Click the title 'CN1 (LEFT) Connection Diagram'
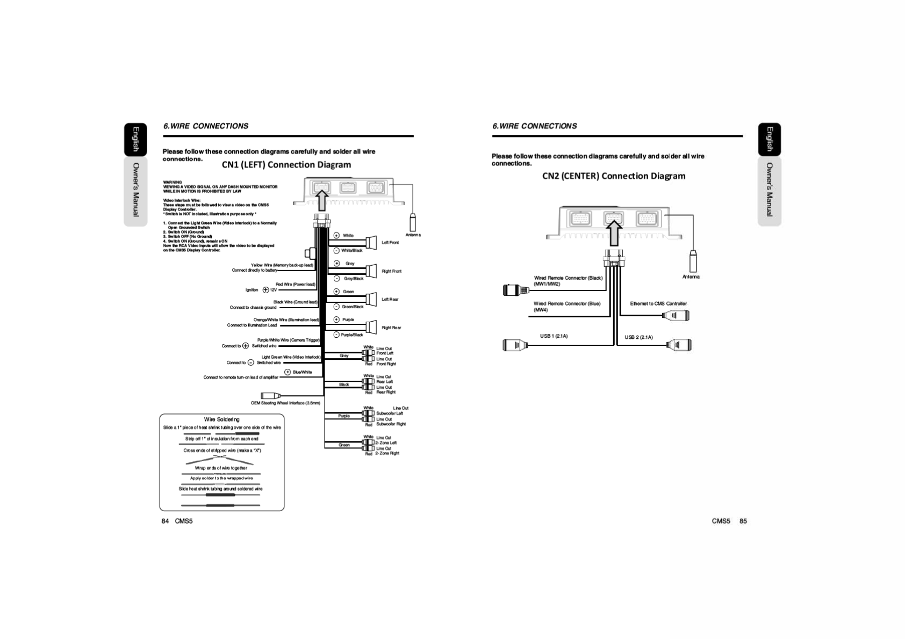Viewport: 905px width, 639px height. click(286, 165)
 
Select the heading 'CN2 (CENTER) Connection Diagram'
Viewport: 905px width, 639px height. click(613, 176)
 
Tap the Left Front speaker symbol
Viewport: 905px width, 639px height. click(371, 242)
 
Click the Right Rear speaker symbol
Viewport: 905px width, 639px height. click(371, 326)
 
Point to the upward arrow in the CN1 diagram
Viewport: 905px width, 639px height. click(321, 200)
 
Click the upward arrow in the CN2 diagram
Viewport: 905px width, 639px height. click(613, 233)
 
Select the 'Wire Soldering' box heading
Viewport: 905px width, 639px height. click(221, 419)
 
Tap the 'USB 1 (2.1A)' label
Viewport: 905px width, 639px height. click(554, 336)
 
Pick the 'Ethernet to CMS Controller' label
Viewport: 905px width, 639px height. click(658, 304)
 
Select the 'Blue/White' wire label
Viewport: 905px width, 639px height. click(302, 372)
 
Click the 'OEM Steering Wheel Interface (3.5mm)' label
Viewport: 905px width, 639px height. click(285, 403)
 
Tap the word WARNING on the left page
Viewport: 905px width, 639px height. click(173, 182)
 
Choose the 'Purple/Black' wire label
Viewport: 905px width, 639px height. click(351, 335)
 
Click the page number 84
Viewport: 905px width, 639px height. click(165, 521)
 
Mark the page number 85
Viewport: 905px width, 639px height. click(743, 521)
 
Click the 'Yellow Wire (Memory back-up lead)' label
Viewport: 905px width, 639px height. click(282, 265)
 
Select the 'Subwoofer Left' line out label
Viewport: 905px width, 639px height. click(390, 413)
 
